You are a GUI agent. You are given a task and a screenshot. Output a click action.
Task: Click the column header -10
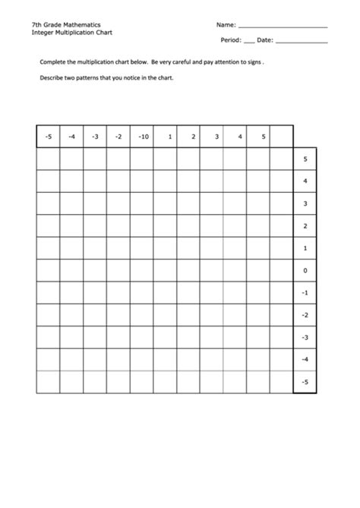141,137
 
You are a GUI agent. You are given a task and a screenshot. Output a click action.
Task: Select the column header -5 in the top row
48,137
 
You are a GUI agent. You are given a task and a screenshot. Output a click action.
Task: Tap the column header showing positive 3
216,137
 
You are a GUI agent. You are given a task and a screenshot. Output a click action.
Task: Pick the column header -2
118,137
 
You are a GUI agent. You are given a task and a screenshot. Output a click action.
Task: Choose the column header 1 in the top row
170,137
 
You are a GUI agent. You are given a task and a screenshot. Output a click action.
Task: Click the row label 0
305,270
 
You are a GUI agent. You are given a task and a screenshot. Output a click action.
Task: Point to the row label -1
305,292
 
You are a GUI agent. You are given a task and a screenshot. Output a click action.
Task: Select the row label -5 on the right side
305,382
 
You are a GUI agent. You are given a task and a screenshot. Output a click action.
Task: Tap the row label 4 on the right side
305,181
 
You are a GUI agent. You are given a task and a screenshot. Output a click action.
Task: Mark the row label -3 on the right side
305,337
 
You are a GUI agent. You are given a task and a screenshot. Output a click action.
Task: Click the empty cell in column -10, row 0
141,270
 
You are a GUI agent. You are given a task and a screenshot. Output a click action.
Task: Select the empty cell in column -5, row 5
48,159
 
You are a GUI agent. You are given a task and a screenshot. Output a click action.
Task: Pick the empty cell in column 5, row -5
258,382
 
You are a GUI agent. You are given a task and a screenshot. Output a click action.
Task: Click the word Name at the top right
225,25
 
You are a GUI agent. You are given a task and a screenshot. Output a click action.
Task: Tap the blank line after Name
283,27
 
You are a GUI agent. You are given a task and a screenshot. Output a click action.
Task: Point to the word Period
229,39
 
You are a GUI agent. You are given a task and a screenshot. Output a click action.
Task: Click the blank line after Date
302,41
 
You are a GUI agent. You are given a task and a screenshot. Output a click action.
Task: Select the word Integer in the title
44,33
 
